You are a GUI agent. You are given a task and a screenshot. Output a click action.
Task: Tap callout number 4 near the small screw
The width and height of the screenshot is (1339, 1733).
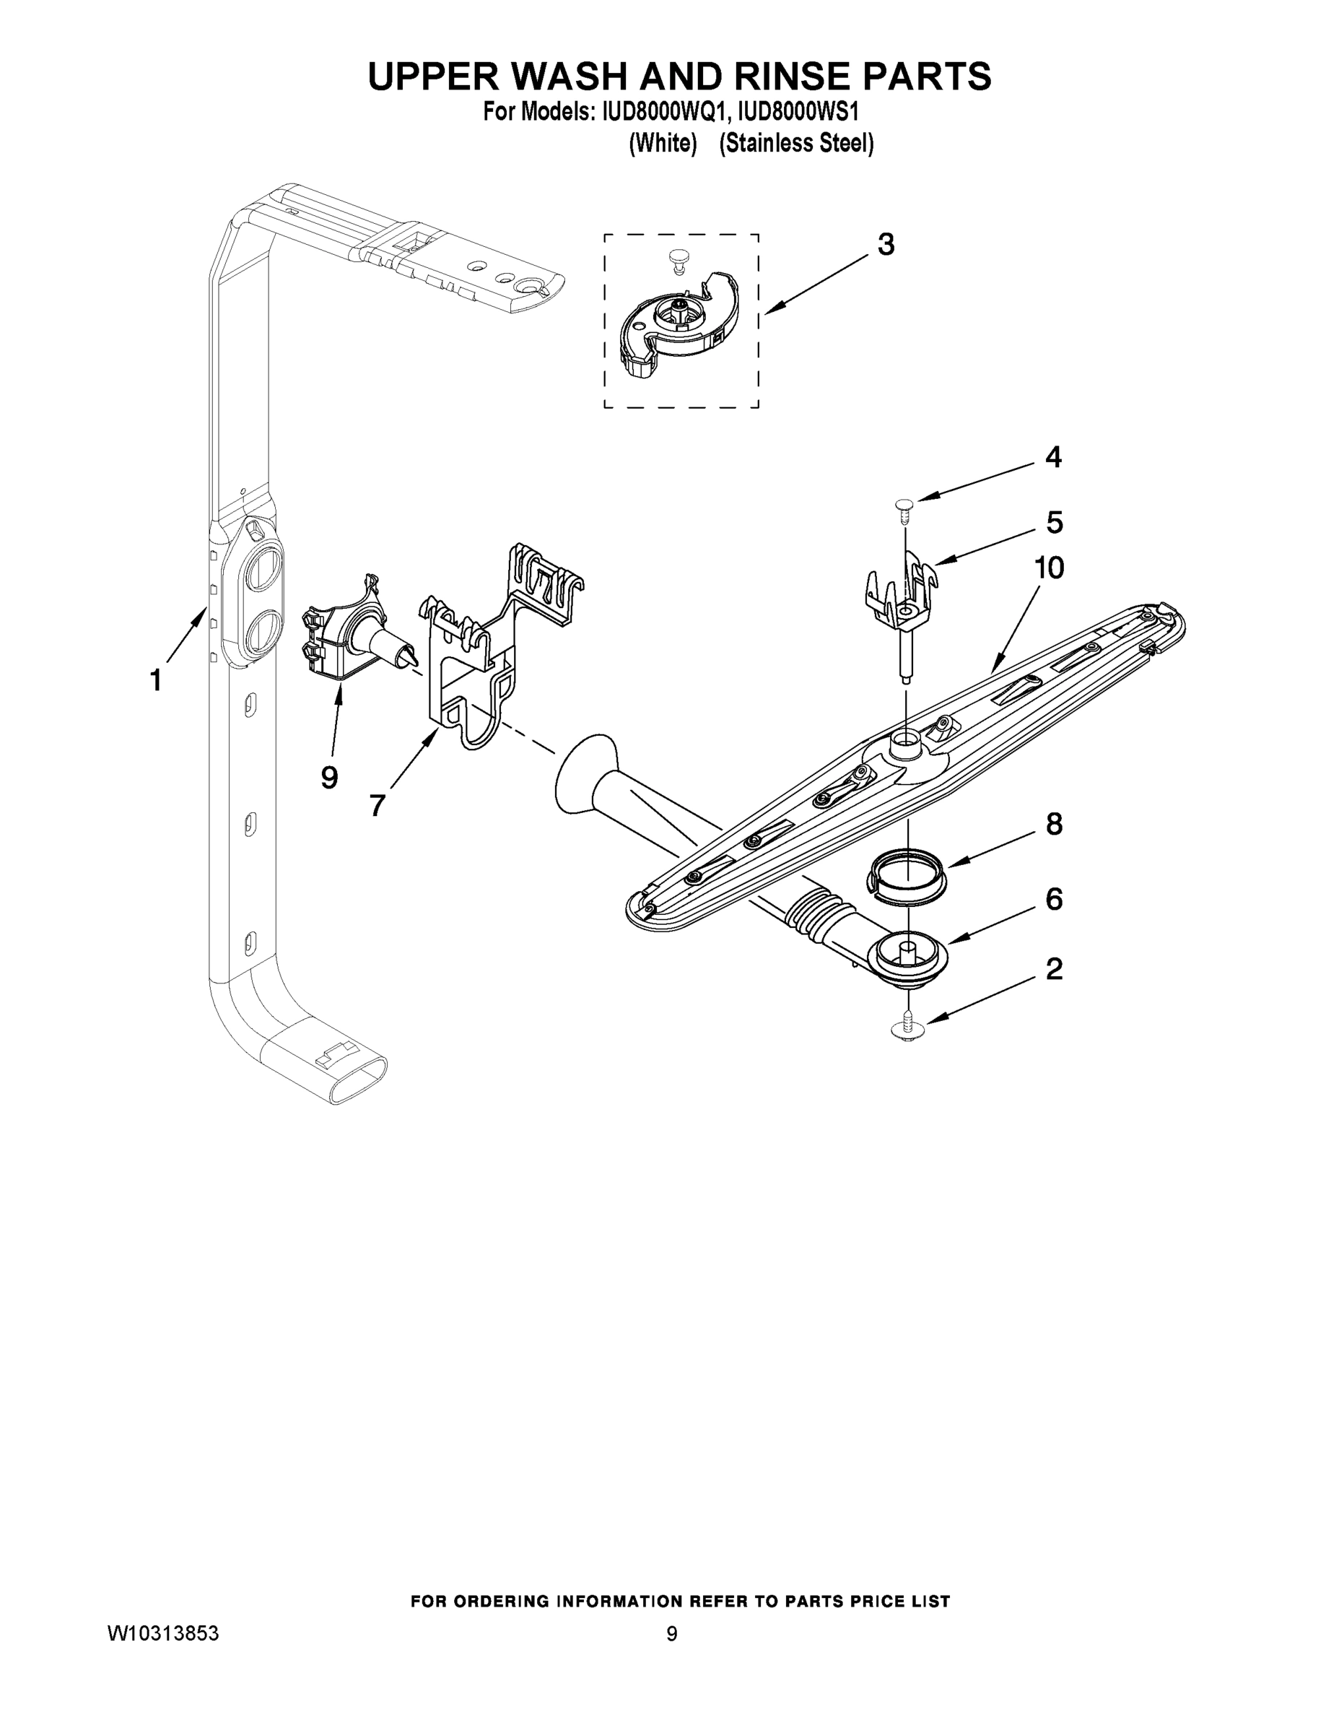click(x=1052, y=457)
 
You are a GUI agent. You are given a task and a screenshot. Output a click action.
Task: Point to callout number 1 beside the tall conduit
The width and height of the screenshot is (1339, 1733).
click(x=156, y=680)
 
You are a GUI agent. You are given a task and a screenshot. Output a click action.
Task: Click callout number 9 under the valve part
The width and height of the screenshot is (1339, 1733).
click(x=329, y=777)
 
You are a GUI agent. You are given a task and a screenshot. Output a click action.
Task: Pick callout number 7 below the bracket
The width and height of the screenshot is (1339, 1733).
click(x=378, y=805)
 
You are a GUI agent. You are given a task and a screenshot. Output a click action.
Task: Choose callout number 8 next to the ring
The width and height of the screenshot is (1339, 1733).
click(x=1053, y=825)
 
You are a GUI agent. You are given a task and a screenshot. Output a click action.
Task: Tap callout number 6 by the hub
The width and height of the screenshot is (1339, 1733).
click(x=1053, y=899)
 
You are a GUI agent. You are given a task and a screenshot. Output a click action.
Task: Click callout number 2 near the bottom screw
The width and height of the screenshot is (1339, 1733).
click(x=1053, y=969)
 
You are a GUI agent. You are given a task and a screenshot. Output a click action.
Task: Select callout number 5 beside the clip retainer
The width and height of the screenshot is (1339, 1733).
click(x=1054, y=522)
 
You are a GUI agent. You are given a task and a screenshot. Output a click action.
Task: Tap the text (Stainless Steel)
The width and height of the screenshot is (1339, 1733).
click(x=795, y=144)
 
